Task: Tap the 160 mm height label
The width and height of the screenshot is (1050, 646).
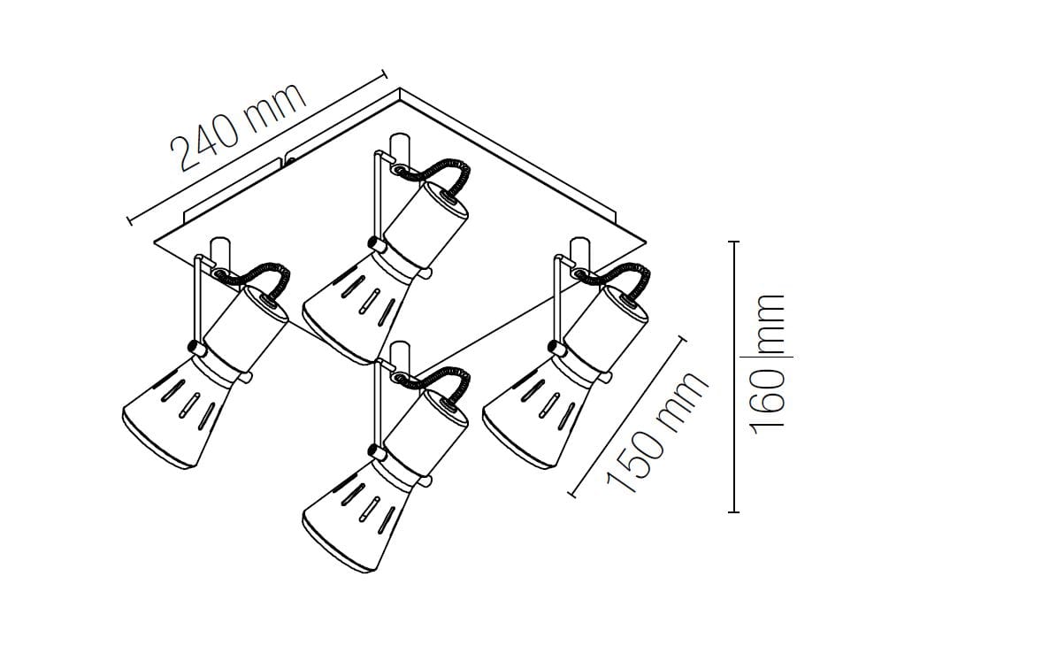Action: point(768,363)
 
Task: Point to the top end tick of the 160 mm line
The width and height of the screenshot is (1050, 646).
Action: point(733,242)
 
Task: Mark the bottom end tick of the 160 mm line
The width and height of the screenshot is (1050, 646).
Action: point(733,511)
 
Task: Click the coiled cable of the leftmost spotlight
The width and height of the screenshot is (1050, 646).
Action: point(257,277)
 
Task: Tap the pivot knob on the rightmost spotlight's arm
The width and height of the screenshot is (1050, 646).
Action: point(556,347)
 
